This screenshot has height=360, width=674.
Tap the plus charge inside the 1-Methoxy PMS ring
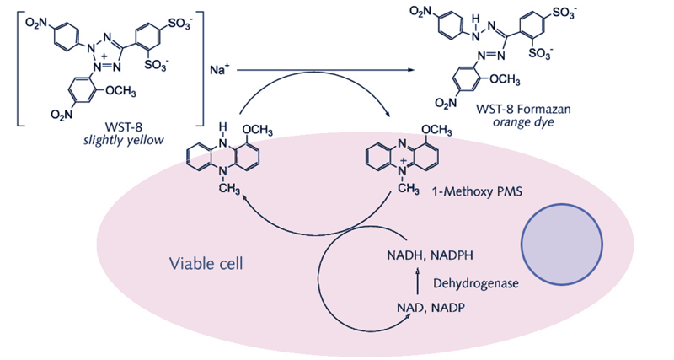click(401, 159)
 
